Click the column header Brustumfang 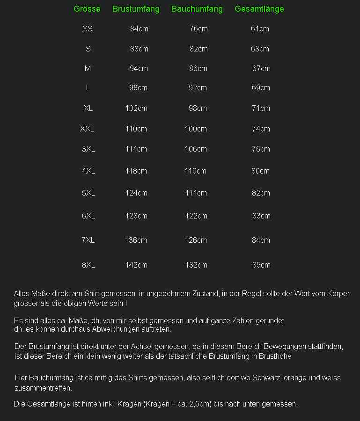[136, 9]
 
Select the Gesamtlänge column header [259, 9]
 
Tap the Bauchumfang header [197, 9]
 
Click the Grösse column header [87, 9]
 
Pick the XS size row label [88, 29]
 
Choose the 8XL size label [88, 265]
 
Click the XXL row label [87, 129]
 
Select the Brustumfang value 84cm [139, 29]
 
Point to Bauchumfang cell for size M [198, 68]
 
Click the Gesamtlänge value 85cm [261, 265]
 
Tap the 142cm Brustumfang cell [136, 265]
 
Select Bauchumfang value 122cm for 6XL [196, 216]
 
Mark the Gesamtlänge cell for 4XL [260, 171]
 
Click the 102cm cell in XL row [136, 108]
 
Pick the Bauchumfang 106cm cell [196, 149]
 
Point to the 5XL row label [88, 193]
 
